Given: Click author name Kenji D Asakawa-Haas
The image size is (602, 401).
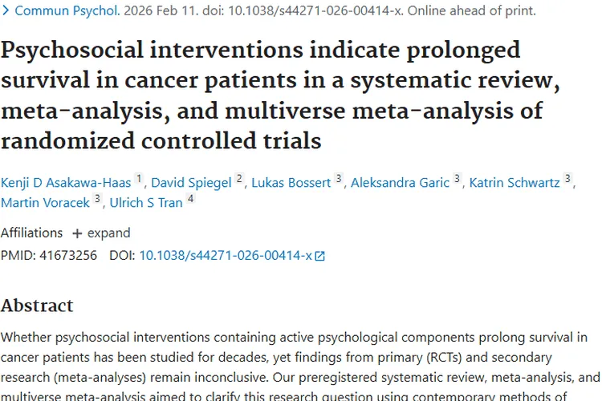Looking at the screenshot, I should (66, 182).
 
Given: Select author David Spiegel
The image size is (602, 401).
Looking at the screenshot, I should (192, 182).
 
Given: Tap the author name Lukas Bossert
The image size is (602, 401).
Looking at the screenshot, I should (291, 182).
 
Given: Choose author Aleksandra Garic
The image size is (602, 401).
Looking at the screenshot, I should (401, 182).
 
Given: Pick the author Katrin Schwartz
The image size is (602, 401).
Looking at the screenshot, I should (515, 182).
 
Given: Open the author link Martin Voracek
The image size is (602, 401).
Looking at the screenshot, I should (45, 202).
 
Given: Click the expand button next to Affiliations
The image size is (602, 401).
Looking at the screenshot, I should (101, 233).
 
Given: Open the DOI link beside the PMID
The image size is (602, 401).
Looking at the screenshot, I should (226, 256).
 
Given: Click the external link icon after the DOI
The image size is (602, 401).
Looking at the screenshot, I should (320, 257).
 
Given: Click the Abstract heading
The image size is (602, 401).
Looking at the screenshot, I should (37, 306).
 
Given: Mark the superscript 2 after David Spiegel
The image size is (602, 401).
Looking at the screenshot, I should (239, 179).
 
